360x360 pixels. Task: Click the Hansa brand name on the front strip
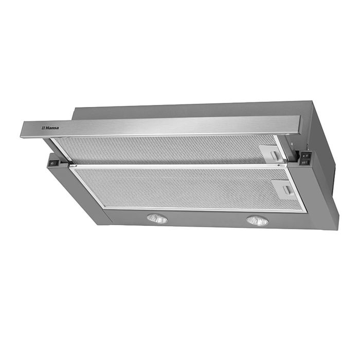52,128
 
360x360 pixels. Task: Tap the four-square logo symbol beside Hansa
43,128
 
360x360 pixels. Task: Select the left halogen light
157,219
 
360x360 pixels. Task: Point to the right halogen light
257,221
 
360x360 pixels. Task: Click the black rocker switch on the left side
53,163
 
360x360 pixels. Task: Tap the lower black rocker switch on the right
305,163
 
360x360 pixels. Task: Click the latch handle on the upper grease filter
274,155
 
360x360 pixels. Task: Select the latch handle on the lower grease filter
287,190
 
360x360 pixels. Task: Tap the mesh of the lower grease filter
184,187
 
